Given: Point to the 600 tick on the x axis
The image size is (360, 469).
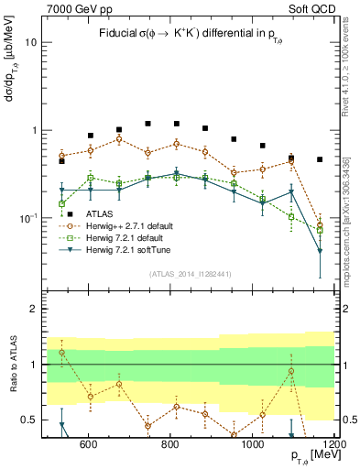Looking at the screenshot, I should tap(88, 445).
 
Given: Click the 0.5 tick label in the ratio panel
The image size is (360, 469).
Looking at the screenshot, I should tap(27, 420).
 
